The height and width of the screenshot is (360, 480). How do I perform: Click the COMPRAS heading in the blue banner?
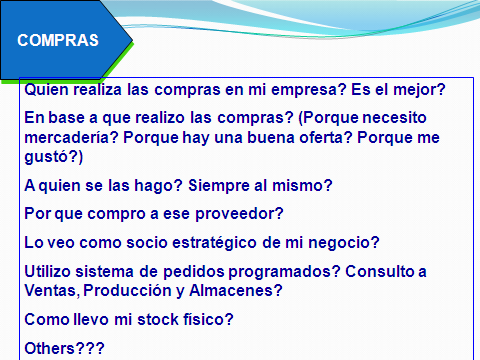[58, 40]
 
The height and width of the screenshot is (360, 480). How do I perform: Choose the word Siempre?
[219, 186]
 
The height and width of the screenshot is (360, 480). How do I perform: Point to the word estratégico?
[214, 243]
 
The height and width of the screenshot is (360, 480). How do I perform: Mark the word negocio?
[340, 243]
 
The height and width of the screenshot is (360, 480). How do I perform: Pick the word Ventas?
[51, 291]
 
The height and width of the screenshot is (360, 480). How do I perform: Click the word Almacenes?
[232, 291]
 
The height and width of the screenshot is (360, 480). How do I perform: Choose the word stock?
[158, 319]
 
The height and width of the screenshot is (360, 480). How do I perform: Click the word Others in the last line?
[49, 348]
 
